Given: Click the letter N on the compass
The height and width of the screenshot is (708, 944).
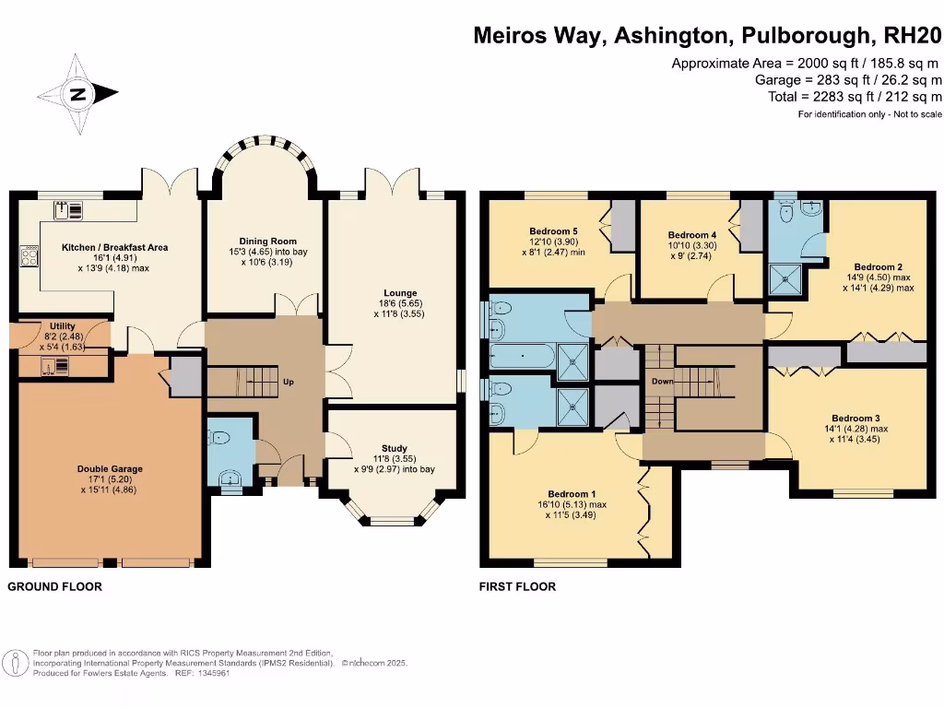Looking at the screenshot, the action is (x=78, y=95).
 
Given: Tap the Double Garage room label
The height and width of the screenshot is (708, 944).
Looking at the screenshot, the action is (x=110, y=469).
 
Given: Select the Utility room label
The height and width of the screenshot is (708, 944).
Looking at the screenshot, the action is (x=63, y=326).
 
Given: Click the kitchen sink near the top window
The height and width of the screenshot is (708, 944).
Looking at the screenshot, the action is (x=68, y=210).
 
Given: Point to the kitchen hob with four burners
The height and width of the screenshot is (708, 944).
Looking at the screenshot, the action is (x=29, y=256).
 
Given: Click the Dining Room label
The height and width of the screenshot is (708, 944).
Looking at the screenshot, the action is (x=268, y=242).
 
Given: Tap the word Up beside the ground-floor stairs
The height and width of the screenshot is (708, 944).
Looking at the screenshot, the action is (x=289, y=382).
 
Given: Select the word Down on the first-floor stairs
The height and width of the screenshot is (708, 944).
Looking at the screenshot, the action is (x=662, y=382).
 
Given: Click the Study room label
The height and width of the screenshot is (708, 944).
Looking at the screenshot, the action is (x=395, y=449).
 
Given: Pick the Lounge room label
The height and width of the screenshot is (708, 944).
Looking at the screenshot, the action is (x=400, y=293).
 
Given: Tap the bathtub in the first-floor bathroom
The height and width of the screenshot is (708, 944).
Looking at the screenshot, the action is (x=523, y=356).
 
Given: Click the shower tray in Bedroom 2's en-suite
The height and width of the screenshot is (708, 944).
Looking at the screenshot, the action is (x=785, y=280).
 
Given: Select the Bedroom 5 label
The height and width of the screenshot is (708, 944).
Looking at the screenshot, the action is (x=553, y=231).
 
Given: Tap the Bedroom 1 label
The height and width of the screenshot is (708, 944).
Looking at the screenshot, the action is (x=572, y=494).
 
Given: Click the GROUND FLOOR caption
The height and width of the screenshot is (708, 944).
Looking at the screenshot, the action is (x=54, y=586).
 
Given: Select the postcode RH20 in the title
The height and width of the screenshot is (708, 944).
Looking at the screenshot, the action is (x=912, y=35).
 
